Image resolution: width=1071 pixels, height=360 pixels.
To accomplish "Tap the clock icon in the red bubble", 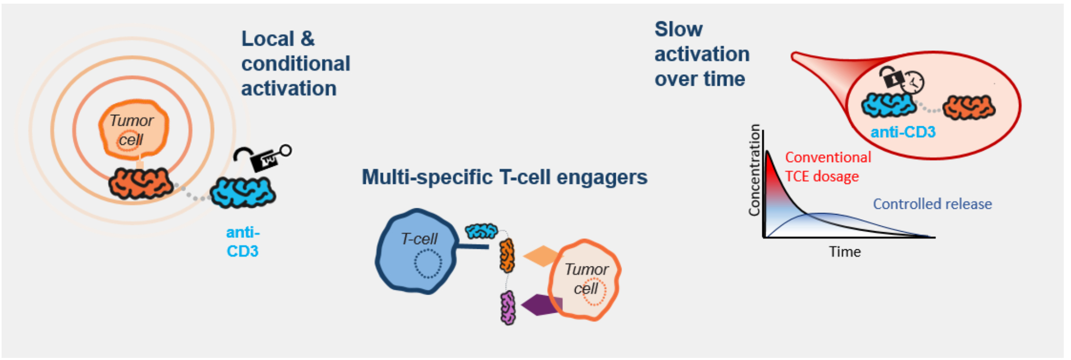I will point(913,82).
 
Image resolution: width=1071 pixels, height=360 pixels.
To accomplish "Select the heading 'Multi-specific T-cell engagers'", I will point(504,177).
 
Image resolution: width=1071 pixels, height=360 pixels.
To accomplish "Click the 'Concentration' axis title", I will point(754,170).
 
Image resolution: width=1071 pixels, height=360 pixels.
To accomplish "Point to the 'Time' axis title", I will point(844,252).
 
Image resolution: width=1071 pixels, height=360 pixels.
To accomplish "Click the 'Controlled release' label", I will point(932,204).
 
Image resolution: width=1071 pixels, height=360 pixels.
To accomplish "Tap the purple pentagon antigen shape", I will point(541,305).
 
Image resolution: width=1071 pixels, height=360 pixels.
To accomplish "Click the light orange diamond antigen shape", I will point(542,256).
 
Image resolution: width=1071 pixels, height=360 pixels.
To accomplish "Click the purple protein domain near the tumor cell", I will point(508,308).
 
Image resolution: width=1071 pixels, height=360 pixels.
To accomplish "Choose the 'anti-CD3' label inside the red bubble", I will point(903,132).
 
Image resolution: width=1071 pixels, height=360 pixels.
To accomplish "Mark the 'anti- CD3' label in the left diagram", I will point(243,242).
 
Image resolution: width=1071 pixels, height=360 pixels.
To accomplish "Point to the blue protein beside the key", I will point(243,193).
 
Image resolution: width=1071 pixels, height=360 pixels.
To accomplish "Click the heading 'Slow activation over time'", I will point(702,54).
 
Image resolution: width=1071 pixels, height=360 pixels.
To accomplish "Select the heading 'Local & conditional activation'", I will point(295,63).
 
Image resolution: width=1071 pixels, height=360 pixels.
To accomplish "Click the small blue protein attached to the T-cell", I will point(481,231).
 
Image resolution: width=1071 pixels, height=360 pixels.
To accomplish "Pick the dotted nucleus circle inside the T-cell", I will point(428,263).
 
